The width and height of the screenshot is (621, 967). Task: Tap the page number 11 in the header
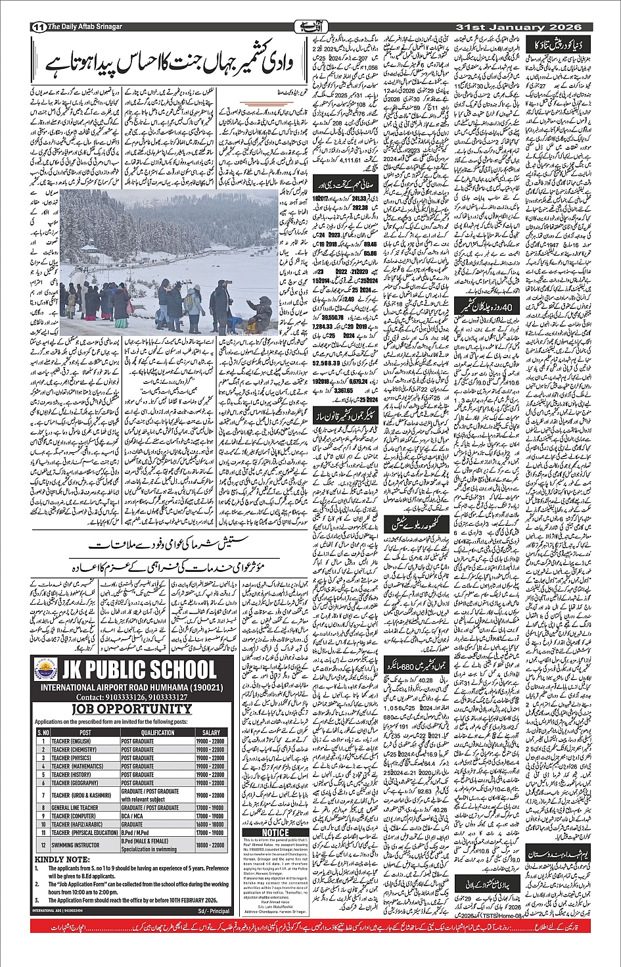[x=37, y=27]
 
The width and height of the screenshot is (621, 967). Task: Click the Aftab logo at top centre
[x=311, y=27]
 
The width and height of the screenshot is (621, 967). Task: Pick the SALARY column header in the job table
[x=211, y=732]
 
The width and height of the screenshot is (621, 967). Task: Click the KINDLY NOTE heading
[x=64, y=859]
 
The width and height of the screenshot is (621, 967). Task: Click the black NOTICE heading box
[x=275, y=832]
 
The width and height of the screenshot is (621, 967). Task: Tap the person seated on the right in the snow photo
[x=263, y=308]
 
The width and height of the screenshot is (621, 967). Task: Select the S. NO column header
[x=43, y=732]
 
